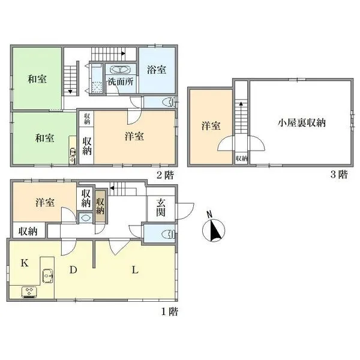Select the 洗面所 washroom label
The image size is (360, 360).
click(121, 82)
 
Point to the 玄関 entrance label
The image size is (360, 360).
click(161, 208)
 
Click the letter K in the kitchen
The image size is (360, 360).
click(25, 263)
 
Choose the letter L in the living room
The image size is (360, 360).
click(136, 271)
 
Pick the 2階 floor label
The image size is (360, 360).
click(165, 175)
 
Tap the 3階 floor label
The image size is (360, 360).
click(338, 175)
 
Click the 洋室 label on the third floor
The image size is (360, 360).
click(210, 126)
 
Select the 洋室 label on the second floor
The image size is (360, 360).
click(134, 136)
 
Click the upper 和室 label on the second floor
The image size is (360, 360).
click(37, 79)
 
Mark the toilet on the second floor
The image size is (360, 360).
click(170, 101)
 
